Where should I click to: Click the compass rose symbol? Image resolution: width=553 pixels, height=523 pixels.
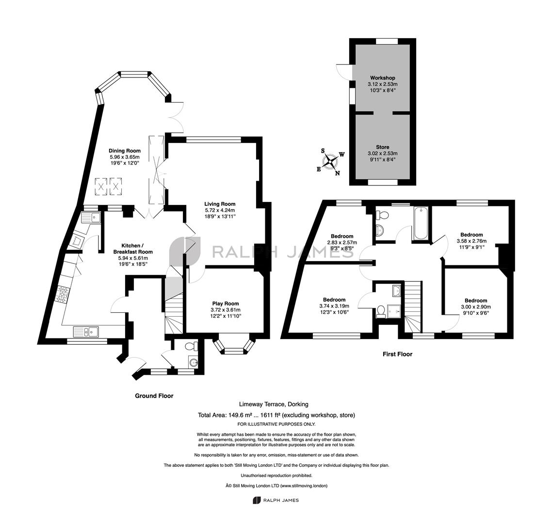point(330,162)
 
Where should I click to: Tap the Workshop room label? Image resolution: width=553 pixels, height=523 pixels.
point(383,78)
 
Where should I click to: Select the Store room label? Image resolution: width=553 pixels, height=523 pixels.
point(383,147)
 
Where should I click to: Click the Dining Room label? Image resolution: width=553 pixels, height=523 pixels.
point(125,151)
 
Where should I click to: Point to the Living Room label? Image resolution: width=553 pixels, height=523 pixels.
point(220,204)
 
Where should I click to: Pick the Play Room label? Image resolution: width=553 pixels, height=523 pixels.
point(226,304)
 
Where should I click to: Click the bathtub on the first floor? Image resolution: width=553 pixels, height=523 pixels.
point(422,223)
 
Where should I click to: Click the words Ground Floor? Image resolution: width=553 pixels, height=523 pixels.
point(154,396)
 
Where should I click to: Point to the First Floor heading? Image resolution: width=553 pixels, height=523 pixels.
point(397,354)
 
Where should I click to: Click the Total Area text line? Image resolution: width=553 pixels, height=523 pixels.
point(276,415)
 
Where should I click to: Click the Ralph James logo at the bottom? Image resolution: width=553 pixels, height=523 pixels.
point(276,500)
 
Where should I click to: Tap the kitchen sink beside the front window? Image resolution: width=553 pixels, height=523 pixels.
point(86,331)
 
